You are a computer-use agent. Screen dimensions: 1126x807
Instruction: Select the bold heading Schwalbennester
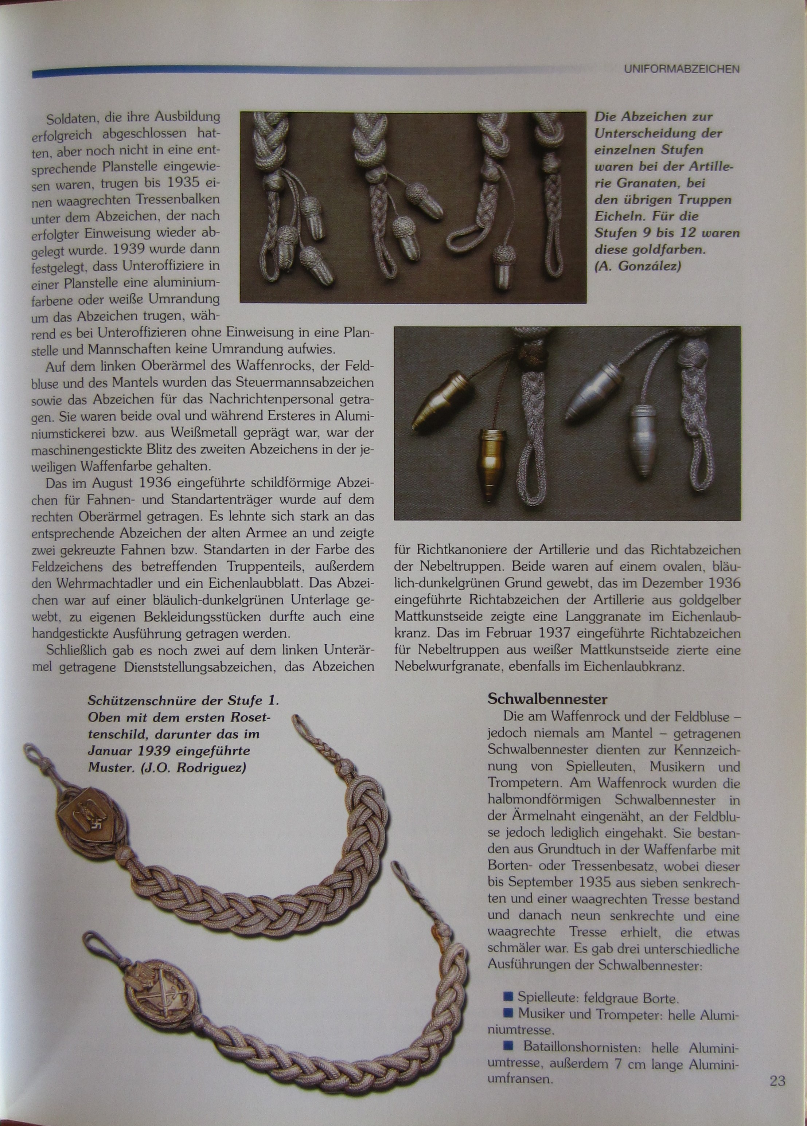coord(547,699)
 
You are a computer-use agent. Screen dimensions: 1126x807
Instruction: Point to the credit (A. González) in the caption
coord(638,266)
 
